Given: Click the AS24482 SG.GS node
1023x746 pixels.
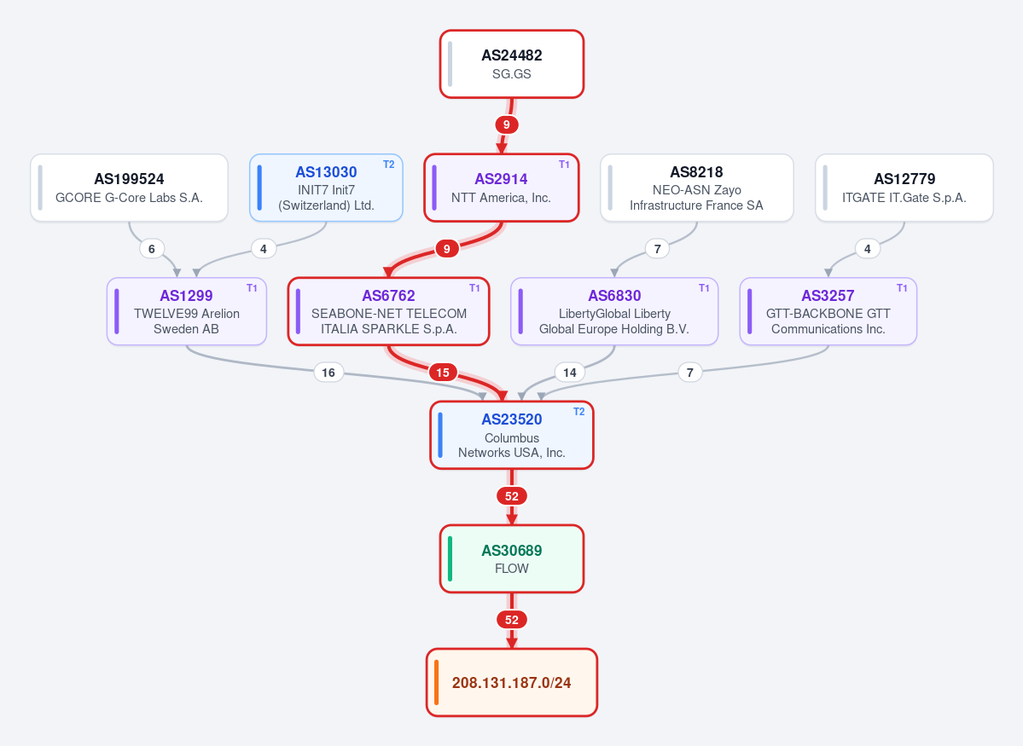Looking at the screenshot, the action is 512,64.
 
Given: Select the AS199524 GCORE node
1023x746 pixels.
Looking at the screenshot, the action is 129,188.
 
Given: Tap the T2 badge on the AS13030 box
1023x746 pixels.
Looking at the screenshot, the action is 389,165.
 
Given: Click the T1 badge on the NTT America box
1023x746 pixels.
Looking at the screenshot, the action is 564,165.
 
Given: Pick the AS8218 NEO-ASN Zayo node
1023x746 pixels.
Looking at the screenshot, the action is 697,188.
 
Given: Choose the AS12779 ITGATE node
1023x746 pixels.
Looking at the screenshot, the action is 904,188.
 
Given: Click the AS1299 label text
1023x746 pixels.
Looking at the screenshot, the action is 186,295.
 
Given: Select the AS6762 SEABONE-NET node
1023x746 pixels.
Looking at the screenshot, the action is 389,311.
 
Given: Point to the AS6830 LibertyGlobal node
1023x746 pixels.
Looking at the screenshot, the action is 614,311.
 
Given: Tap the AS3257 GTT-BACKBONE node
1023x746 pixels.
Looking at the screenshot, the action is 828,311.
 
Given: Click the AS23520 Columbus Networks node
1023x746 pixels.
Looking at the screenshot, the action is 512,435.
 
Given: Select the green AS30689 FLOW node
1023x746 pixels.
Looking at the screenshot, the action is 512,558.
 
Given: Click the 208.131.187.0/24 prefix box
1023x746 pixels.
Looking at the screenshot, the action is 512,682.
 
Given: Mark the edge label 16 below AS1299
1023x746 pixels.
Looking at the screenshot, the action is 328,373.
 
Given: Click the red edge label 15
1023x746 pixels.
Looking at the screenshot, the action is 443,373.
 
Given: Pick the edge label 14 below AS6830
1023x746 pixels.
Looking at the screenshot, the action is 570,373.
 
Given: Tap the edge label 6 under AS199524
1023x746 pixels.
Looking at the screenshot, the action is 151,248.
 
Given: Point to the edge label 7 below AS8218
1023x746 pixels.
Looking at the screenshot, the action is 657,248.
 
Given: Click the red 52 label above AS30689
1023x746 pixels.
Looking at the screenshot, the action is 512,496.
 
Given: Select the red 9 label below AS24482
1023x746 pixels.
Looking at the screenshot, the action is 506,124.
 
